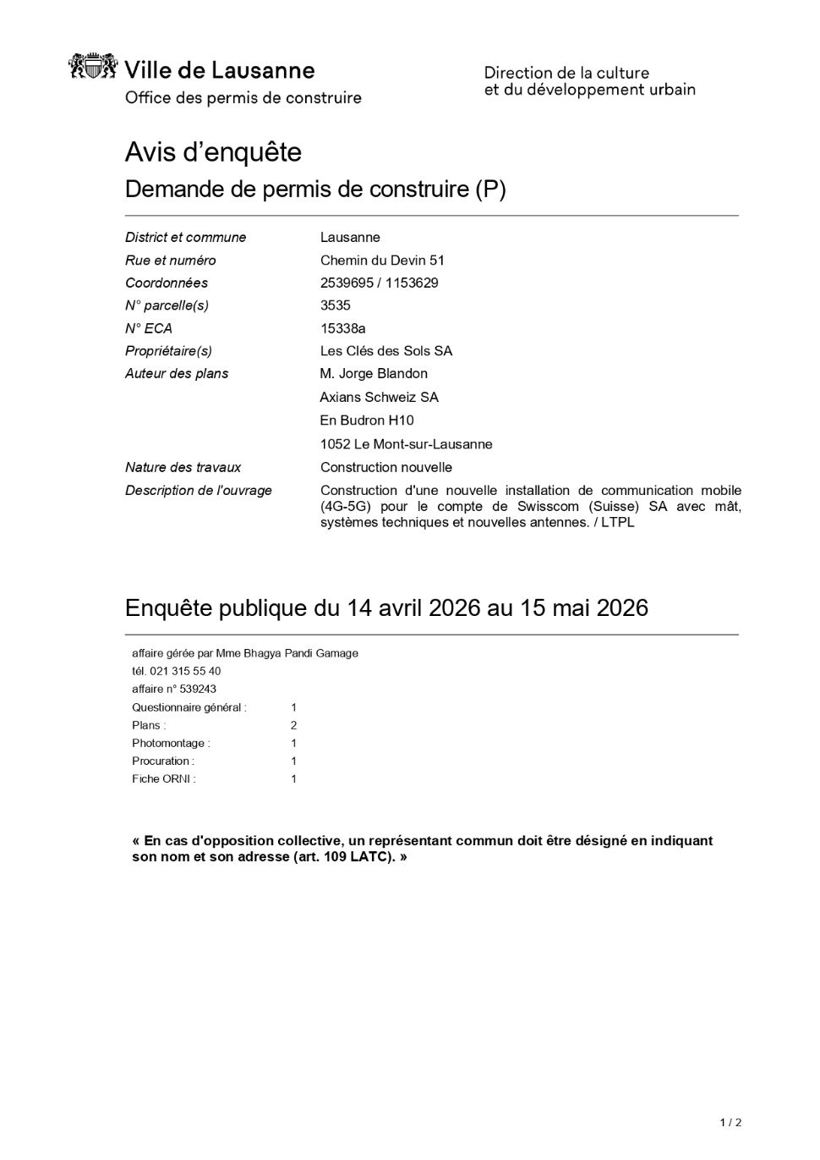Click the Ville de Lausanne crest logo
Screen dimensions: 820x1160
click(92, 67)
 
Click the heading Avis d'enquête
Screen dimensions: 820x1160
click(213, 152)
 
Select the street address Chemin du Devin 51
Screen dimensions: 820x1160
click(382, 261)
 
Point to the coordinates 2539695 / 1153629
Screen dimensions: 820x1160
click(379, 283)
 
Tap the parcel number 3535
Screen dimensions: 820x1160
click(335, 305)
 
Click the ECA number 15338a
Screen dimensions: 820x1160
click(342, 328)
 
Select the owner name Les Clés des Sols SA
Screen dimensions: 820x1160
click(386, 351)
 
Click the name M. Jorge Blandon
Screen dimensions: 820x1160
click(374, 374)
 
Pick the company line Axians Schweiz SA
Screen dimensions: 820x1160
click(379, 398)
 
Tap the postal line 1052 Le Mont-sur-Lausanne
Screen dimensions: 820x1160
click(406, 444)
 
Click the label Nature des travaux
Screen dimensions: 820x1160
click(183, 468)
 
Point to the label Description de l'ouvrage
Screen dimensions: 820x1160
click(199, 491)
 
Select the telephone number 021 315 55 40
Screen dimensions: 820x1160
click(185, 671)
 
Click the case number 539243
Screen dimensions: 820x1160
click(198, 689)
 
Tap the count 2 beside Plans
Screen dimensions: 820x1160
click(293, 725)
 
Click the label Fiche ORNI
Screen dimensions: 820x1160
click(163, 779)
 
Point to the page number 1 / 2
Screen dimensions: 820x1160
click(730, 1123)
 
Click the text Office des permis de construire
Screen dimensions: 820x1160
click(243, 98)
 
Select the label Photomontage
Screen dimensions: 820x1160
click(170, 743)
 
